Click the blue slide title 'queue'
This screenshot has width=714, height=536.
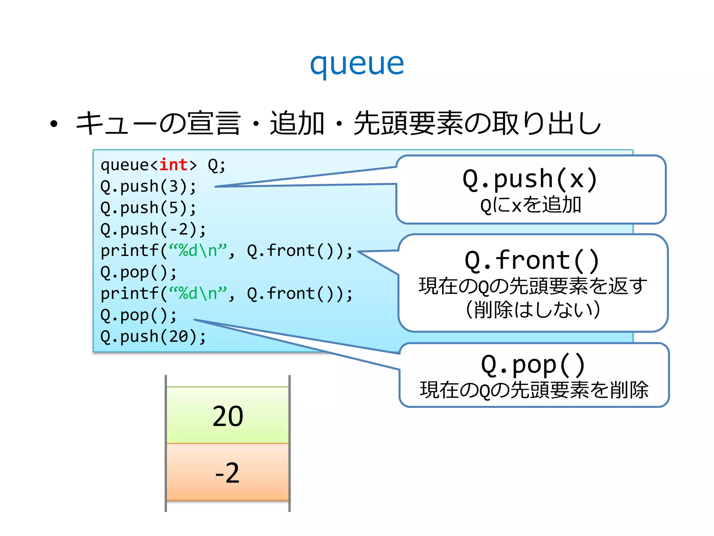pos(357,65)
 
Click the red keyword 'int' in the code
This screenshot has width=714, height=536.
pos(174,165)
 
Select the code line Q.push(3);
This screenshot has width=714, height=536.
pos(149,186)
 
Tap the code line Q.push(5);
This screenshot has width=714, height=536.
pos(149,208)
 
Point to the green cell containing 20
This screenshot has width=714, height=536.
pos(228,415)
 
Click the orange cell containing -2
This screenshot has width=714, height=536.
pos(228,472)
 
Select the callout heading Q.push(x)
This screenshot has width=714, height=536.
pos(530,179)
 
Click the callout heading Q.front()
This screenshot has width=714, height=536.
pos(532,261)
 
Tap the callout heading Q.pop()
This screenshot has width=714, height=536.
pos(533,365)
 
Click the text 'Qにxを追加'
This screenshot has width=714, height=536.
pos(531,205)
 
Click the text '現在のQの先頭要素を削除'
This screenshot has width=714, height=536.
pos(534,390)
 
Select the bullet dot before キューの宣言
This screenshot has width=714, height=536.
pos(54,124)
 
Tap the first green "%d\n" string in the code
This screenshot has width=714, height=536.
pos(198,251)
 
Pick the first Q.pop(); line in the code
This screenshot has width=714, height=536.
pos(139,273)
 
